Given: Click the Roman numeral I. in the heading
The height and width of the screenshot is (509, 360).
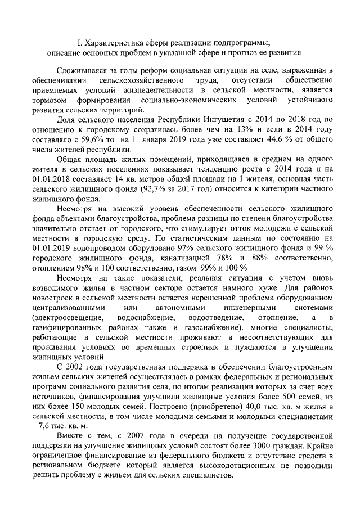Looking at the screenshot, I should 79,42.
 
